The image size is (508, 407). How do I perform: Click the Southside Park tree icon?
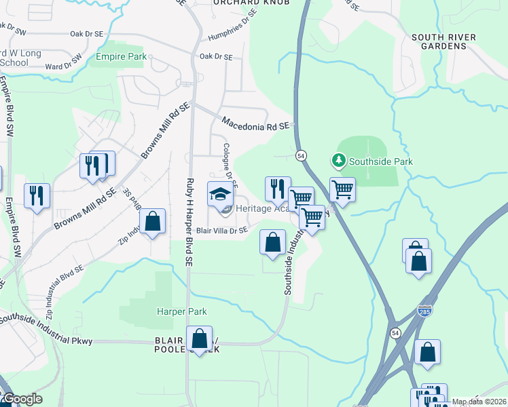click(338, 161)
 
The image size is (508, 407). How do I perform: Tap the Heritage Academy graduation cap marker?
click(219, 195)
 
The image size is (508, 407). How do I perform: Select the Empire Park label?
click(122, 57)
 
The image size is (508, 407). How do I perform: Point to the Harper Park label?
click(181, 312)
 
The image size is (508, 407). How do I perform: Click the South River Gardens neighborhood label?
click(443, 41)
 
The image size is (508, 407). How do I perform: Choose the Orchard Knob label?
click(251, 3)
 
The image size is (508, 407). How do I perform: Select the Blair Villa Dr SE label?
click(221, 231)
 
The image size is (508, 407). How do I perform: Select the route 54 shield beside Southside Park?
click(302, 156)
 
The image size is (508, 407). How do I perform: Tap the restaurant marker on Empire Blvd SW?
click(37, 195)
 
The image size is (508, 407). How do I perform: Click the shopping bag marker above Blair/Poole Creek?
click(200, 339)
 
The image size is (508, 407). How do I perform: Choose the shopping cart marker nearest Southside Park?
click(343, 190)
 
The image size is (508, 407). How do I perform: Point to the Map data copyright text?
click(479, 402)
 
